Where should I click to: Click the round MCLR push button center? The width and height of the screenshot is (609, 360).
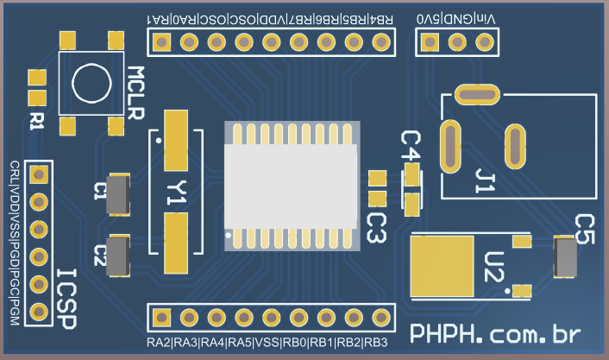(x=91, y=83)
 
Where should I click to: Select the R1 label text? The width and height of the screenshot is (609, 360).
(x=36, y=120)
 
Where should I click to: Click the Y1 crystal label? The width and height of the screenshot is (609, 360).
(x=176, y=194)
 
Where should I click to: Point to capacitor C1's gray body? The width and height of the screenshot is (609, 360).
(x=117, y=193)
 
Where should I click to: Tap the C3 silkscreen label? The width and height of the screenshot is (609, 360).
(x=377, y=228)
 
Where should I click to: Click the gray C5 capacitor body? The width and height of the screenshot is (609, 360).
(x=566, y=259)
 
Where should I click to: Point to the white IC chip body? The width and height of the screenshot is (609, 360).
(x=292, y=186)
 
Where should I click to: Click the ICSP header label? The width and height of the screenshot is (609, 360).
(x=66, y=298)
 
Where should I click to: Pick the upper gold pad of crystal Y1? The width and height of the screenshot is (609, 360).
(x=177, y=140)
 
